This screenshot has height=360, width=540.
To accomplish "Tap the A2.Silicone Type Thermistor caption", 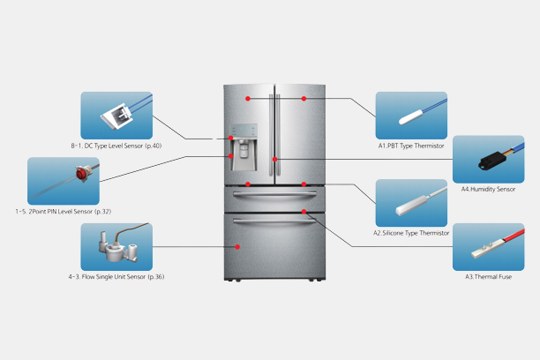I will tap(411, 233).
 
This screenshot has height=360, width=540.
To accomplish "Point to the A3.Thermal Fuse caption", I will tap(489, 277).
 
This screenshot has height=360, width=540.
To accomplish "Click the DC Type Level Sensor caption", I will tap(116, 144).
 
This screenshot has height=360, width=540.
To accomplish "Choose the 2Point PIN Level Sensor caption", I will tap(63, 211).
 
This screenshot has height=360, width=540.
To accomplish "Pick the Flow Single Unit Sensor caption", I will tap(116, 277).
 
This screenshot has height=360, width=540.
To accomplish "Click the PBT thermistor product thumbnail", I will tap(411, 114).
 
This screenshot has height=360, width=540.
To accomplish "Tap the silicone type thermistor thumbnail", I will tap(411, 202).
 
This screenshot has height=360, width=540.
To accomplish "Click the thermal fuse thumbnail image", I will tap(487, 246).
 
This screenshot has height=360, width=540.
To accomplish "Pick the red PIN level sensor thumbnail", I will tap(63, 181).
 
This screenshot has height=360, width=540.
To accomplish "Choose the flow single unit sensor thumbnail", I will tap(116, 246).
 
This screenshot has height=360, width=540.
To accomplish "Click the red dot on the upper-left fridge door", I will tap(249, 97).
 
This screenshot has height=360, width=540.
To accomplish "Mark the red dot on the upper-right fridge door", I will tap(304, 97).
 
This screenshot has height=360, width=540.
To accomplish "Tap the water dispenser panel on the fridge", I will tap(244, 146).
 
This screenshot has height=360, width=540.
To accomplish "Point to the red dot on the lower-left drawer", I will tap(249, 184).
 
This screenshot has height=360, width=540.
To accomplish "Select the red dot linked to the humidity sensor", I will tap(275, 159).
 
